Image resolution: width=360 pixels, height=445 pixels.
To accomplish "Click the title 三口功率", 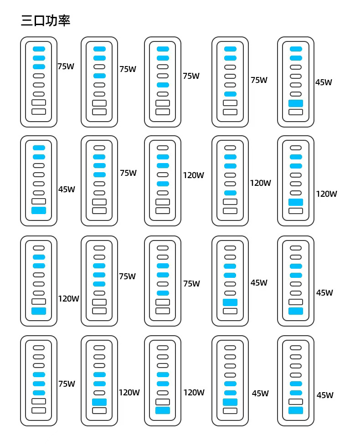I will (x=46, y=20).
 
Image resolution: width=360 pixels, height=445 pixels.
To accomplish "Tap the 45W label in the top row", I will (x=324, y=82).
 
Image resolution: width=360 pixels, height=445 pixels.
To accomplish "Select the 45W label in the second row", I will (x=67, y=189).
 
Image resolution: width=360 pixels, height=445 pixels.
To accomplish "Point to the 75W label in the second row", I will (x=128, y=173).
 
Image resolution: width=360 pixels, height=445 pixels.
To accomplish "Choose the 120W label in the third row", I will (x=68, y=299).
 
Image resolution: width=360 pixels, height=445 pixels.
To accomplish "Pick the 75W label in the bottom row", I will (x=67, y=384).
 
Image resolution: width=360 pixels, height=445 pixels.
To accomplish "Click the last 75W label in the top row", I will (x=259, y=80).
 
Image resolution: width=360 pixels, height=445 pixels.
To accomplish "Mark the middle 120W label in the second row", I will (x=260, y=183).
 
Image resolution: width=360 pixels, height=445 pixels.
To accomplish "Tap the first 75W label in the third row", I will (x=127, y=276).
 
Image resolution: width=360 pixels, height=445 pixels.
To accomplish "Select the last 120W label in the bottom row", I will (x=194, y=393).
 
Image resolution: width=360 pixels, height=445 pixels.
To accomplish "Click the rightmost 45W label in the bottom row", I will (x=325, y=395).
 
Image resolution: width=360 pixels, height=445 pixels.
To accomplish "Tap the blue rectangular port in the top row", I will (x=296, y=103).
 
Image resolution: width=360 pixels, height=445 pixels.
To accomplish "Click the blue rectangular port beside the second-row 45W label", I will (x=39, y=210).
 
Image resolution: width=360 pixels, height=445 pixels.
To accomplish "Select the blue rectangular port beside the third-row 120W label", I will (x=39, y=311).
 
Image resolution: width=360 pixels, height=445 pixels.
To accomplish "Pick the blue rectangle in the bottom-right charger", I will (x=296, y=410).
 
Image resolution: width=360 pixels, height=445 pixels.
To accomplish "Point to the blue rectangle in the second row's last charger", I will (x=296, y=202).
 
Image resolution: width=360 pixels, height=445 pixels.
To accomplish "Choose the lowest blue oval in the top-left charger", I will (x=39, y=67).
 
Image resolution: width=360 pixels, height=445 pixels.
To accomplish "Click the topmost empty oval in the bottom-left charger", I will (x=39, y=348).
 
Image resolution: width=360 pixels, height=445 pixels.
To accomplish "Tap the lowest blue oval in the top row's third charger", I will (x=163, y=85).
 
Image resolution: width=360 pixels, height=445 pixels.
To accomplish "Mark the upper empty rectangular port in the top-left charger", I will (x=39, y=103).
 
